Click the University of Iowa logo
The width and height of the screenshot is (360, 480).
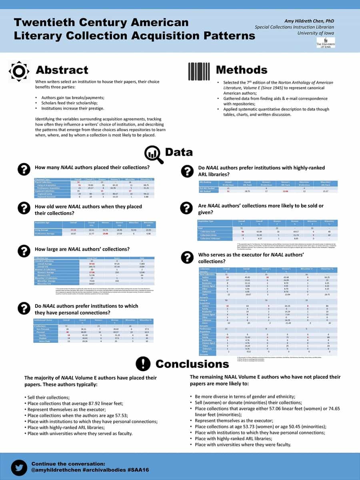click(325, 42)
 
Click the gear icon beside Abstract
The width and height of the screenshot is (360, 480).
click(19, 71)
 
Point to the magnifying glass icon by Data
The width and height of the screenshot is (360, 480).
click(154, 154)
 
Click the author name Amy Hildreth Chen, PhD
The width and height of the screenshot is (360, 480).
click(309, 21)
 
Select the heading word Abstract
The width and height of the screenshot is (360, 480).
click(62, 70)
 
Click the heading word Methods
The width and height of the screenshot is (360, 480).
click(242, 70)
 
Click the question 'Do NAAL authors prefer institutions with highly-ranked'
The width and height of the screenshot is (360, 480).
click(262, 168)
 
